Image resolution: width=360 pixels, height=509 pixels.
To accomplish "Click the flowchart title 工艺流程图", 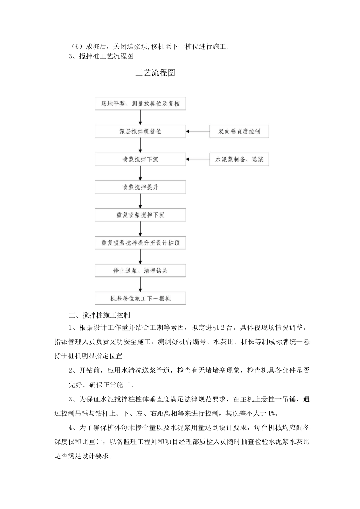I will [x=155, y=73].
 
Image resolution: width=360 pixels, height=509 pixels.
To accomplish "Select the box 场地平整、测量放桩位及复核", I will [x=140, y=104].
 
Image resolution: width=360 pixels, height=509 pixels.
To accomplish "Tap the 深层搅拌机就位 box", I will [x=140, y=132].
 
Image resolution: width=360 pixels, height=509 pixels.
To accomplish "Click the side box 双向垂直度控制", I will [x=239, y=132].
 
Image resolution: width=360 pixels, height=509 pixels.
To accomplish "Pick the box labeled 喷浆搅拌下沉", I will [x=140, y=159].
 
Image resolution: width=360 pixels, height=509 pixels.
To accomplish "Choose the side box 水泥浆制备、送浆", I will [x=239, y=159].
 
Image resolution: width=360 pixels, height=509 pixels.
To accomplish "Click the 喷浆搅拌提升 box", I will [x=140, y=187].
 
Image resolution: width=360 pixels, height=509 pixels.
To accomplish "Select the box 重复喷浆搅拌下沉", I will [x=140, y=215].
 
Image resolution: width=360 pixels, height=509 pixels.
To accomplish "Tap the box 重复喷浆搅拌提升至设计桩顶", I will [x=140, y=243].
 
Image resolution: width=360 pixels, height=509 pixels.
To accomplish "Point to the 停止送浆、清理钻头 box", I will [x=140, y=271].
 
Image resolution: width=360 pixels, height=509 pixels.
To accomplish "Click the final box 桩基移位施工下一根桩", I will [x=140, y=298].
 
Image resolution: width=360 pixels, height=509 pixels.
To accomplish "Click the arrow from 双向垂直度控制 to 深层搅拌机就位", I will [x=198, y=132].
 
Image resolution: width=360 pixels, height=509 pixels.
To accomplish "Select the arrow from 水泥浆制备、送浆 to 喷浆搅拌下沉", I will [x=198, y=159].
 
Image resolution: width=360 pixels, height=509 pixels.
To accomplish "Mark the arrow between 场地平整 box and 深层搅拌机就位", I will [x=141, y=118].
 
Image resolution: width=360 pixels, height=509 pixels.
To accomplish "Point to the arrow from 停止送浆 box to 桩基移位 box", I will [x=141, y=284].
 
